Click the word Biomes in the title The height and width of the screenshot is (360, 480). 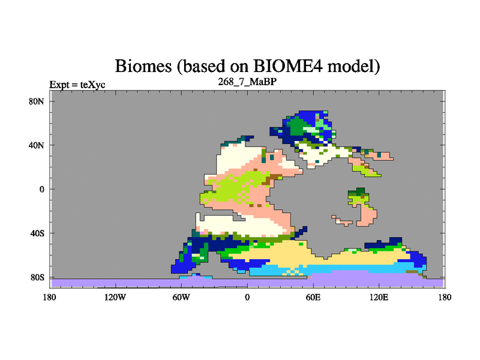143,66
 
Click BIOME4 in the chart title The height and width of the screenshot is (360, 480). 288,66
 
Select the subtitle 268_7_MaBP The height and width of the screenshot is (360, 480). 247,82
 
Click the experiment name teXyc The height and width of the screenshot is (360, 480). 93,85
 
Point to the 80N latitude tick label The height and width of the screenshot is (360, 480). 37,101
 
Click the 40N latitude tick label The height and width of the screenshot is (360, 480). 37,145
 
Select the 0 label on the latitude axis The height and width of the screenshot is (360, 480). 41,189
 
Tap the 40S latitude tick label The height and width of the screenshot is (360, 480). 37,233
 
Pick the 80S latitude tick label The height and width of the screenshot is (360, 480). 37,277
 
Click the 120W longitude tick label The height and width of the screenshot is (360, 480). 115,297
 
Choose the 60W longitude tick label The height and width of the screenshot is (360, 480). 181,297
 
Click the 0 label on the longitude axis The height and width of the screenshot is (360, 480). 247,297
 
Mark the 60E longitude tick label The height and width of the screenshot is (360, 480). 313,297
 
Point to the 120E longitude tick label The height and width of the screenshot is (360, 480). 379,297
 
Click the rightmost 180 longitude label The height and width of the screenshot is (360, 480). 445,297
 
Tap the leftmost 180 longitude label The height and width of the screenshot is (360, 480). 50,297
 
